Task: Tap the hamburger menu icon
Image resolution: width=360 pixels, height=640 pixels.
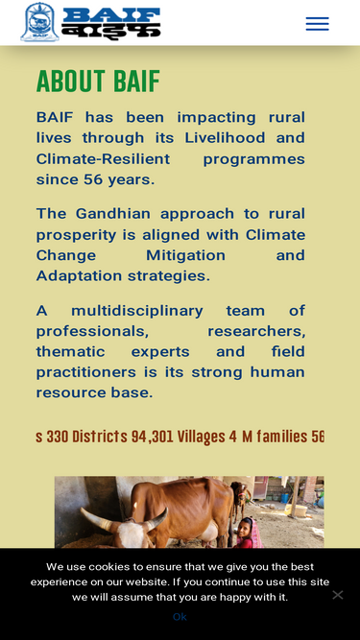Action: (x=317, y=24)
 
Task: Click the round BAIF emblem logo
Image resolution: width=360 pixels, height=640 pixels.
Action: (x=39, y=22)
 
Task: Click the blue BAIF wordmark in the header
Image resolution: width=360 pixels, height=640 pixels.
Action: (x=110, y=15)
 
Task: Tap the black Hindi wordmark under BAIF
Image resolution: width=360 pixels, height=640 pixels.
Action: (x=110, y=32)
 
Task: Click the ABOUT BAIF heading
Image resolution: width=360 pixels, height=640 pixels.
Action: (x=98, y=82)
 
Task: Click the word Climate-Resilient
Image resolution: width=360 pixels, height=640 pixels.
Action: (x=103, y=158)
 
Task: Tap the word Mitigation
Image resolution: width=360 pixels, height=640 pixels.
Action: (x=185, y=255)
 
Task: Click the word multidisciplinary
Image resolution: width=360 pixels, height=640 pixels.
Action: (x=136, y=311)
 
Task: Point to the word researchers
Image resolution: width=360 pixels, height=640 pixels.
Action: (x=256, y=331)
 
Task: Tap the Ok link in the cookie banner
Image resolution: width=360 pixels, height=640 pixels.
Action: (x=180, y=616)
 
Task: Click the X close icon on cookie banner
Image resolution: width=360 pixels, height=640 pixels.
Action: (x=338, y=595)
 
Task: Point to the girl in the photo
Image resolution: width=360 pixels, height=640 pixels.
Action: (x=247, y=533)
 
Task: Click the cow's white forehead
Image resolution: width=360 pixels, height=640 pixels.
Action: (x=131, y=535)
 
